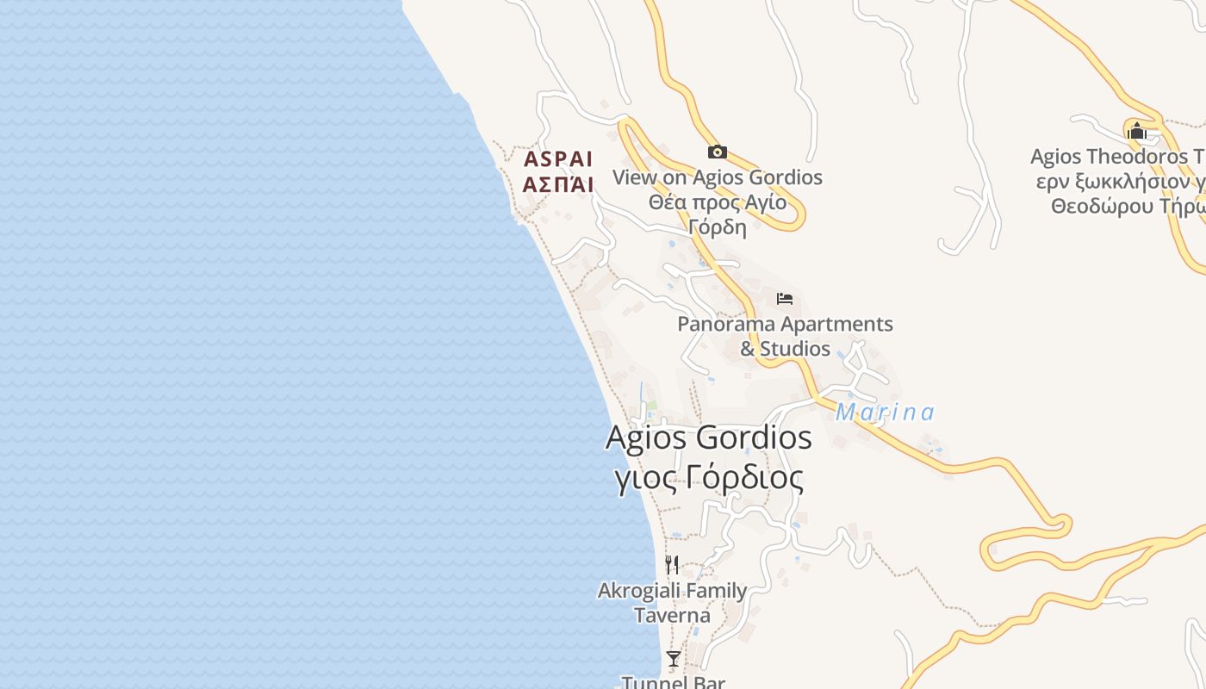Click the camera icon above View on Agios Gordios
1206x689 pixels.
[717, 152]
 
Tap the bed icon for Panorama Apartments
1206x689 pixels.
[784, 299]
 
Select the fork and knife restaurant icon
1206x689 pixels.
[672, 565]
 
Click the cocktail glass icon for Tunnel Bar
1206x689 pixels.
[673, 659]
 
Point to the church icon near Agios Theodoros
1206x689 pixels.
[1136, 131]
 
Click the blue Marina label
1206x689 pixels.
[885, 413]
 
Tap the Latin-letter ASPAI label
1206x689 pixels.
[558, 159]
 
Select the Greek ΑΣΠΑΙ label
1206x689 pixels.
[558, 183]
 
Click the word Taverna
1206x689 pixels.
[672, 615]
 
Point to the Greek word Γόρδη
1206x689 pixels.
[717, 227]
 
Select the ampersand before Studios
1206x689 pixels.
[747, 349]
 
